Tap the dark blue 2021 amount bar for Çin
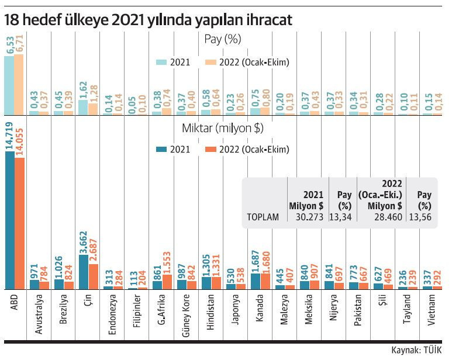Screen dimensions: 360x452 (x=84, y=272)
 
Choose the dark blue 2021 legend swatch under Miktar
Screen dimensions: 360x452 (x=161, y=149)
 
